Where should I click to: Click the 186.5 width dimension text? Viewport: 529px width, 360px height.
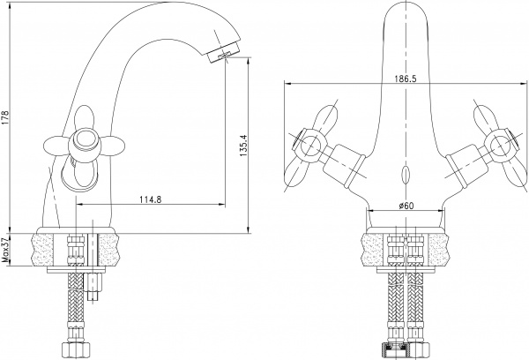tap(406, 77)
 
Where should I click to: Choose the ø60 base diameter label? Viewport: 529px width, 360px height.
tap(406, 205)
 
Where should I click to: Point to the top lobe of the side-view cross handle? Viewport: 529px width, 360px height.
tap(85, 116)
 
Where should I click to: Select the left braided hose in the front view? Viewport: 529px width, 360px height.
tap(393, 304)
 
